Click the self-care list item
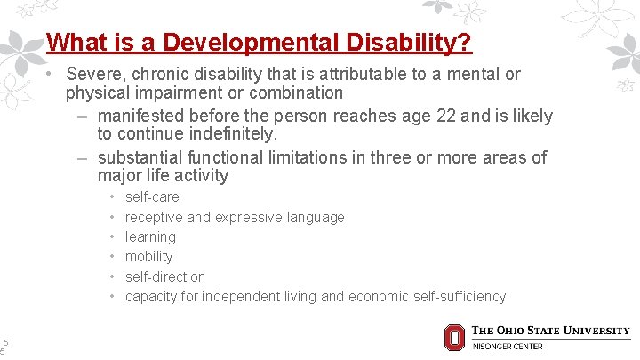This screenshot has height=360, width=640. click(x=152, y=196)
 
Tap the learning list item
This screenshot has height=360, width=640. click(x=150, y=236)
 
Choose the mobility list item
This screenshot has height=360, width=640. click(x=148, y=256)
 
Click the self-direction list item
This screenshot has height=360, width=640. click(x=164, y=276)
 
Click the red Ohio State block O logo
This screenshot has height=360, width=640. click(x=453, y=337)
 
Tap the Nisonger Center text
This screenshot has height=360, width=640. click(x=507, y=346)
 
